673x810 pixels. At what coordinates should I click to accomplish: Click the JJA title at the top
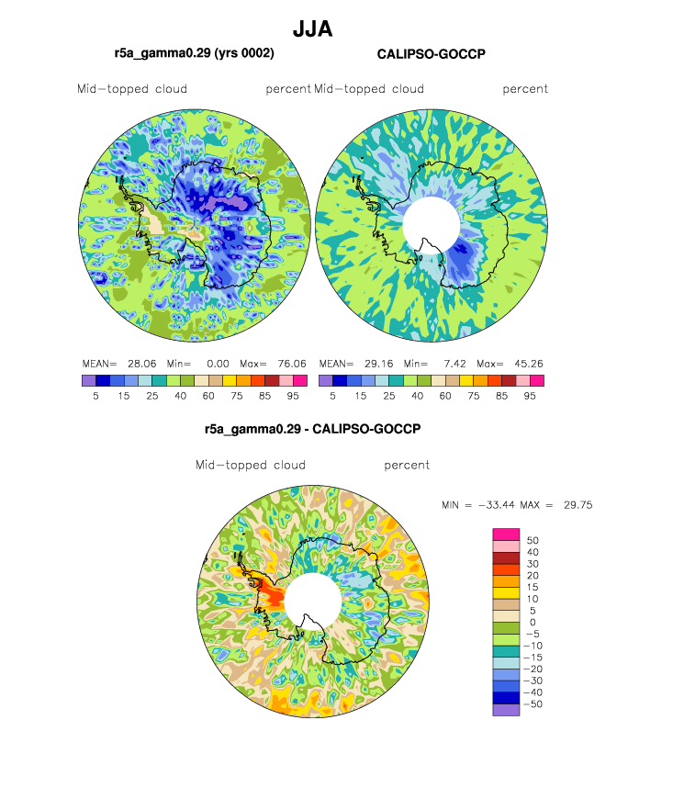click(x=312, y=29)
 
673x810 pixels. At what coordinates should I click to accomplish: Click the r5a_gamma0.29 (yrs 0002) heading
click(x=195, y=53)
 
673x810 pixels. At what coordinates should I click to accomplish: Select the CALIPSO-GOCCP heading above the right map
click(x=432, y=54)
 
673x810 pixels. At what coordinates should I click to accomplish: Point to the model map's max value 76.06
click(x=292, y=364)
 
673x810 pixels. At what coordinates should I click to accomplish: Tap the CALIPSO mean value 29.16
click(x=378, y=364)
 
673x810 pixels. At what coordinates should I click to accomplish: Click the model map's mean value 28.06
click(x=142, y=364)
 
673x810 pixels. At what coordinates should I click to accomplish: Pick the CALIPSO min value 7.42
click(x=454, y=364)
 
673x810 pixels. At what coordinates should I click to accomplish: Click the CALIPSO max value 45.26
click(x=528, y=364)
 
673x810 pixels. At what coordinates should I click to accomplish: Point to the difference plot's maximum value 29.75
click(x=578, y=505)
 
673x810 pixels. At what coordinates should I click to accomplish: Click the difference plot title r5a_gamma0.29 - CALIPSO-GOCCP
click(x=312, y=429)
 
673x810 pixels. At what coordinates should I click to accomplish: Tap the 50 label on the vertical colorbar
click(x=533, y=540)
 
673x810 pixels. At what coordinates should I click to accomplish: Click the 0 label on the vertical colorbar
click(x=533, y=623)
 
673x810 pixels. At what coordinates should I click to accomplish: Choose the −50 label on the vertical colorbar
click(x=533, y=704)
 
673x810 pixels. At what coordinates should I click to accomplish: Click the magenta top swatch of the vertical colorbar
click(x=506, y=534)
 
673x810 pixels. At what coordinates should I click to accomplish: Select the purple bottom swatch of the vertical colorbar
click(x=506, y=710)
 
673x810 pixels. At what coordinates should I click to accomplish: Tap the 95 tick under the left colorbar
click(x=293, y=396)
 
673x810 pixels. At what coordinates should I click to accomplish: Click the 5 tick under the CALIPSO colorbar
click(x=332, y=396)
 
